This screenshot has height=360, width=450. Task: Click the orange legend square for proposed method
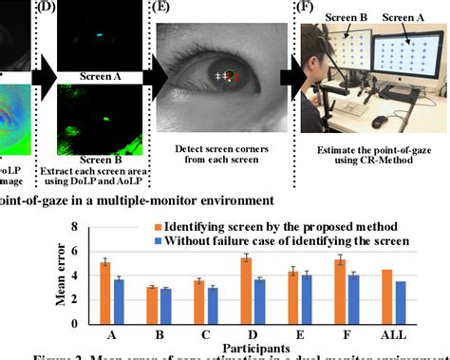158,228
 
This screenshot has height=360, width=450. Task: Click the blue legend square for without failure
158,243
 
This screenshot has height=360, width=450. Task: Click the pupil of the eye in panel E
229,76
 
